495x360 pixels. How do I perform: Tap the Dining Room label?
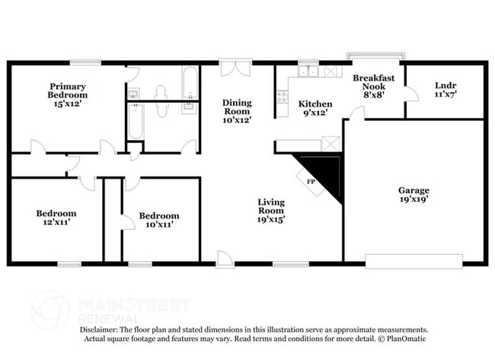[x=237, y=110]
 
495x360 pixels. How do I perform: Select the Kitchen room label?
[x=315, y=104]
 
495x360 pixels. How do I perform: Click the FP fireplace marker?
[x=311, y=183]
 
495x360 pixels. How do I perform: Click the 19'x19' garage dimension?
[x=414, y=200]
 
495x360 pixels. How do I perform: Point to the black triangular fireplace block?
[x=326, y=174]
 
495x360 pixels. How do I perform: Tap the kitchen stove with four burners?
[x=282, y=97]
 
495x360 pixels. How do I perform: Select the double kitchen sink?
[x=308, y=72]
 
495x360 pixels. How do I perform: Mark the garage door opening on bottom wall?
[x=414, y=264]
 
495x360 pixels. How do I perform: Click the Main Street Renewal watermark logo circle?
[x=49, y=310]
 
